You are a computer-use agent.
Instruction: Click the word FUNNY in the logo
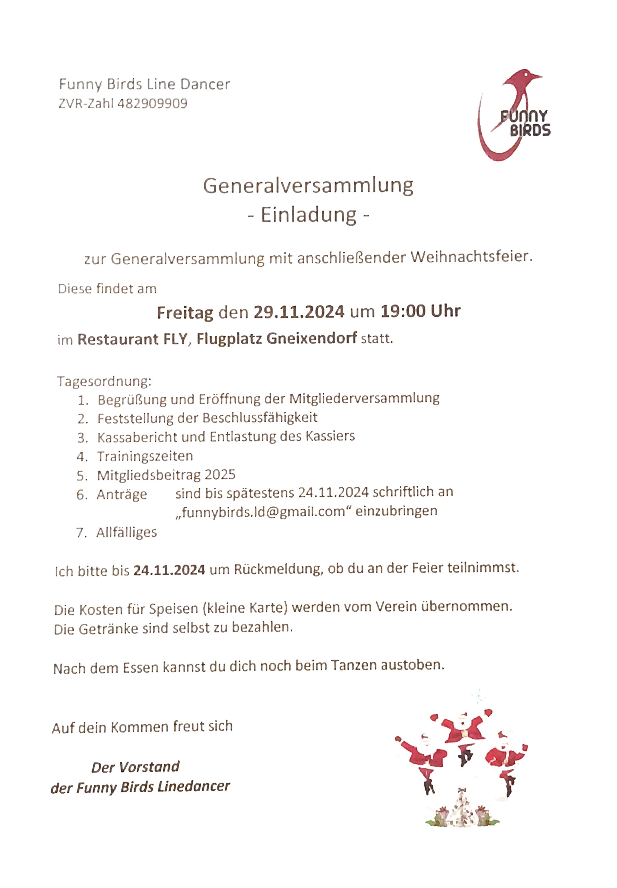524,116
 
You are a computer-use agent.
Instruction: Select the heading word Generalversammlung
308,186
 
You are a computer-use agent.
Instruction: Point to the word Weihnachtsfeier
471,257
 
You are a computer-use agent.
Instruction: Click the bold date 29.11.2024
299,311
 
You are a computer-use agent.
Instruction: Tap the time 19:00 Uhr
420,311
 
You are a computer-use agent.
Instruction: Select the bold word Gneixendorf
312,338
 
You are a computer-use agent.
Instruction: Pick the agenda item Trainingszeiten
145,456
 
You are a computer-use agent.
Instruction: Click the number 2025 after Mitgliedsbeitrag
220,475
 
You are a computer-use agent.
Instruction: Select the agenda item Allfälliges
126,532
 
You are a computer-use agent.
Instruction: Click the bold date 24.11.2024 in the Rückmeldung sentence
169,570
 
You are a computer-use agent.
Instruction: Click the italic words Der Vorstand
135,767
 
